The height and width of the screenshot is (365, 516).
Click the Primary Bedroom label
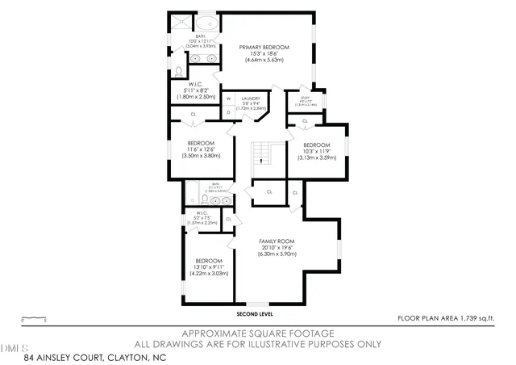click(265, 48)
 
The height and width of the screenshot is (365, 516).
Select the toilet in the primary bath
click(178, 70)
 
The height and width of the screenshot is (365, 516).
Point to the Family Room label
click(277, 241)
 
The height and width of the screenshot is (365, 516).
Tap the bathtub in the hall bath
click(193, 194)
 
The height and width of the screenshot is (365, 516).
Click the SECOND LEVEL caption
click(256, 313)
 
